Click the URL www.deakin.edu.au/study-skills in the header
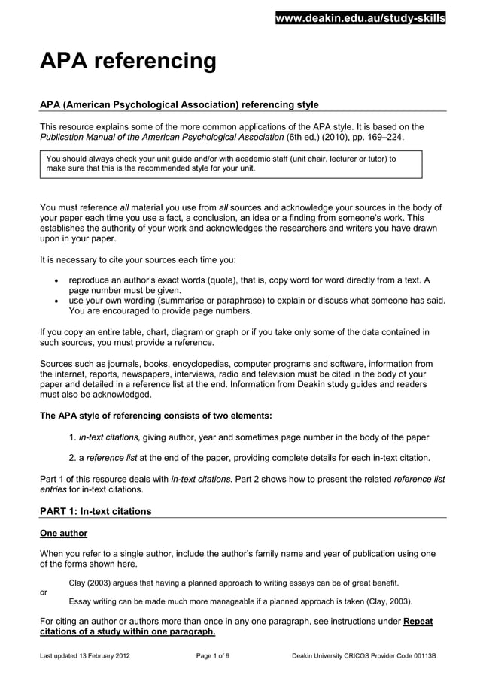(360, 18)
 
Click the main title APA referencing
(128, 61)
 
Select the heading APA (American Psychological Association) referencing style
(179, 104)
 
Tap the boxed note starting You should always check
(230, 164)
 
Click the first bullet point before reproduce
(58, 280)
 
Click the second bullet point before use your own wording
(58, 301)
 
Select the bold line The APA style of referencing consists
(156, 416)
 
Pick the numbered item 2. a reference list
(113, 457)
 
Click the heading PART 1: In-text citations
(96, 511)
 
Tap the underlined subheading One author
(63, 534)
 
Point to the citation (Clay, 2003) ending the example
(387, 601)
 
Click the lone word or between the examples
(43, 592)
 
